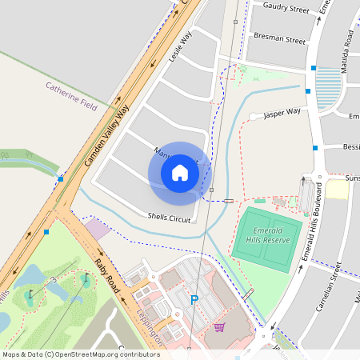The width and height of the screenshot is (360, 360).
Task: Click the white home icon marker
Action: click(x=180, y=172)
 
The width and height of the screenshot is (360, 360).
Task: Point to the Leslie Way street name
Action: click(x=182, y=49)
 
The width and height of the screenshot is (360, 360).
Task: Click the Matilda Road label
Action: click(x=348, y=48)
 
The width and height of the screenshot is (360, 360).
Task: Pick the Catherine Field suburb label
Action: click(x=71, y=96)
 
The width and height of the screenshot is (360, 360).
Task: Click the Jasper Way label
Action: click(x=282, y=113)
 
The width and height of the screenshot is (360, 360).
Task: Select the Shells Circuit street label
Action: click(x=169, y=216)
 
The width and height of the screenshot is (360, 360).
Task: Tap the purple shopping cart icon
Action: click(x=219, y=326)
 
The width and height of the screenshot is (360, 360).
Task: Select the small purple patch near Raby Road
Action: click(x=98, y=229)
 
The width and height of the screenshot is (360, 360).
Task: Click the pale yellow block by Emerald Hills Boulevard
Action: click(x=337, y=190)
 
